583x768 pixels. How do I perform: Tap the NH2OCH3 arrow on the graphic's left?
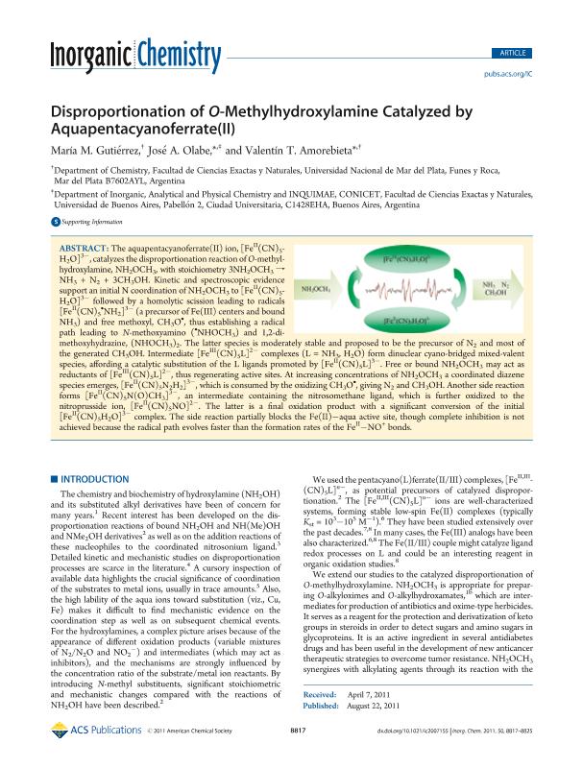pyautogui.click(x=320, y=288)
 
